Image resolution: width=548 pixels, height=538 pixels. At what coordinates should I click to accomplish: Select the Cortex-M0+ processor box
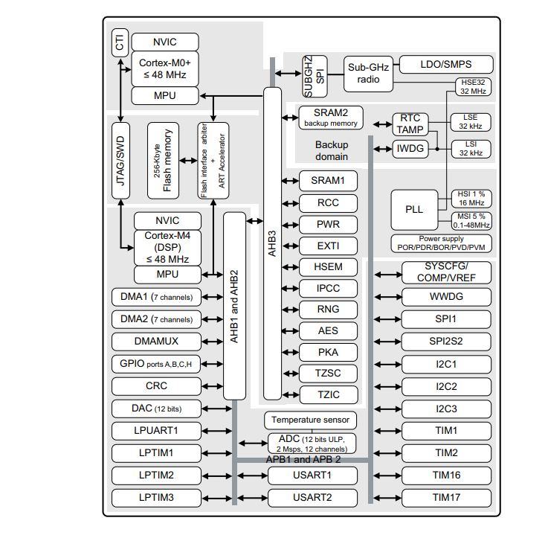(x=165, y=69)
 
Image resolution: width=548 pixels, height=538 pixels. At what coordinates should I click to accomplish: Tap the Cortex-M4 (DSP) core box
(x=167, y=247)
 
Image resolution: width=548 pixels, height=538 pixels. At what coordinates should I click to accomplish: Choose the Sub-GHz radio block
(x=367, y=72)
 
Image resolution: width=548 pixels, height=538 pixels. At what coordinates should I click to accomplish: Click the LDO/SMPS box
(x=445, y=64)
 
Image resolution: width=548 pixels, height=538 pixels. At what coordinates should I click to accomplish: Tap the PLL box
(x=414, y=209)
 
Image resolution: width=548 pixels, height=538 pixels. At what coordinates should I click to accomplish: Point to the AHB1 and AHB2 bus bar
(x=234, y=306)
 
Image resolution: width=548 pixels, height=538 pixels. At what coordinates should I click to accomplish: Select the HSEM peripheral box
(x=328, y=267)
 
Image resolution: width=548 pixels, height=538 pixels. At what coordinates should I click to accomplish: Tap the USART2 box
(x=312, y=497)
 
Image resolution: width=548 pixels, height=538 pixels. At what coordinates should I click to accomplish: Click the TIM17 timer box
(x=446, y=497)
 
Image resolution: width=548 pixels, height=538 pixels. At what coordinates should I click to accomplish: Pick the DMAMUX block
(x=156, y=342)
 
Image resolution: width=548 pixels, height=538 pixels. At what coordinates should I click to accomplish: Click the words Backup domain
(x=331, y=151)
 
